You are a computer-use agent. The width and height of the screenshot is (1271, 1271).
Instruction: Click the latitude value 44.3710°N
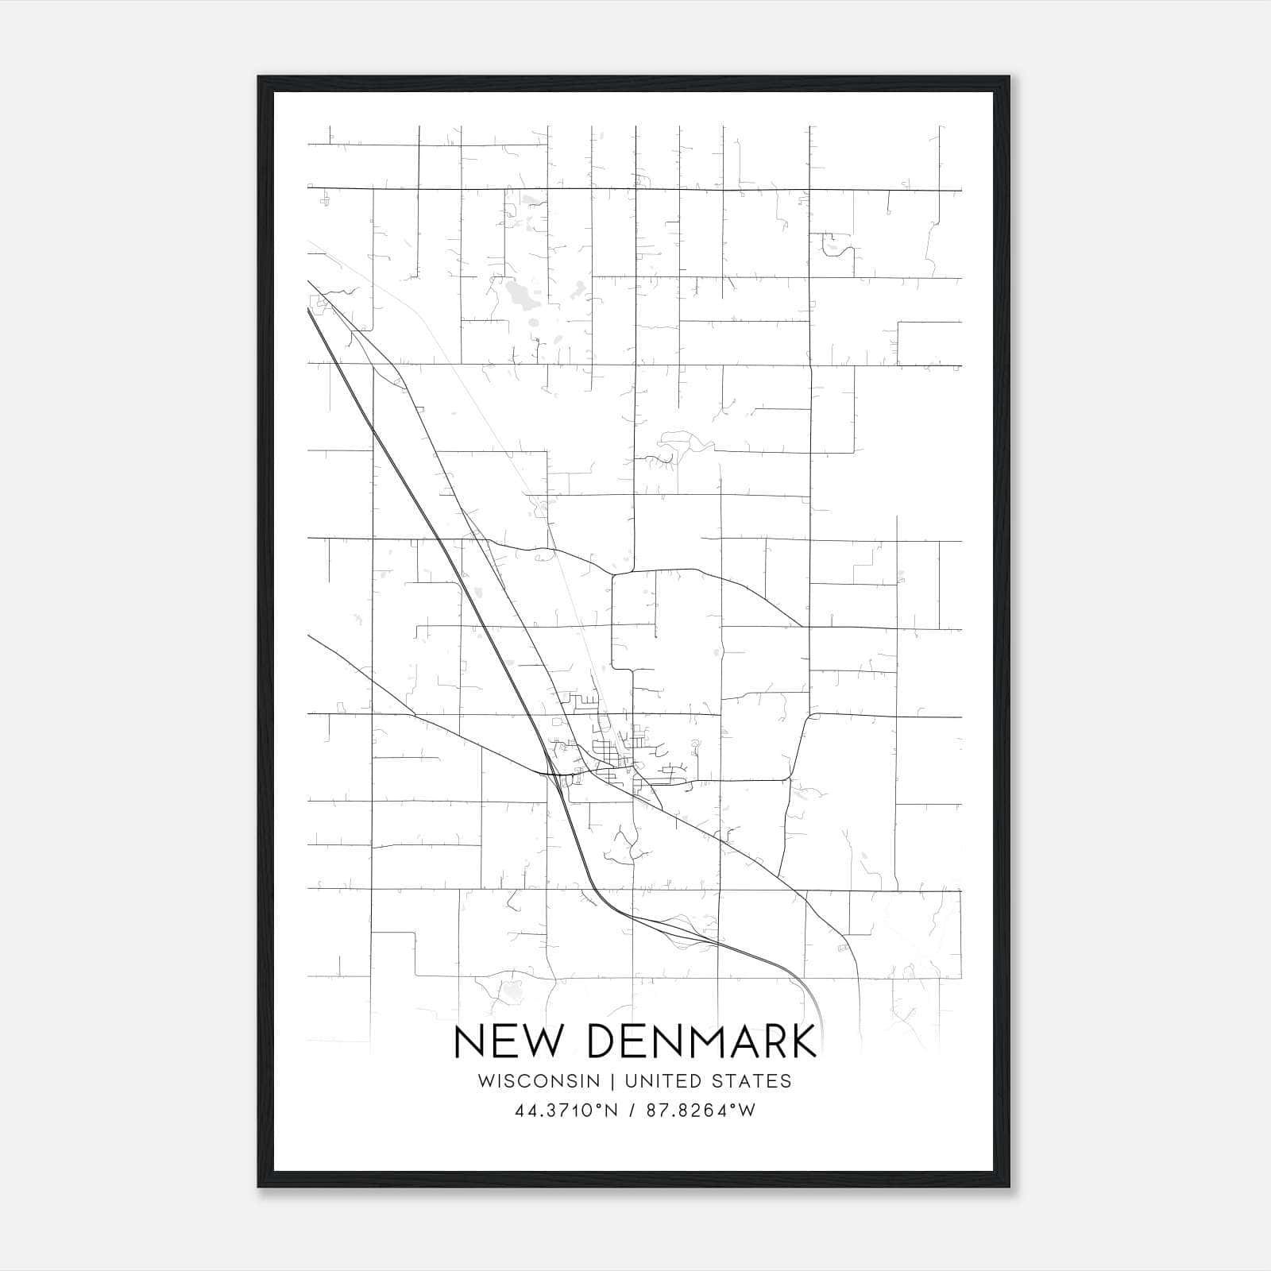tap(566, 1111)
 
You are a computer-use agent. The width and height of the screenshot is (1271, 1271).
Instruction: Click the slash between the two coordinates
tap(632, 1111)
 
